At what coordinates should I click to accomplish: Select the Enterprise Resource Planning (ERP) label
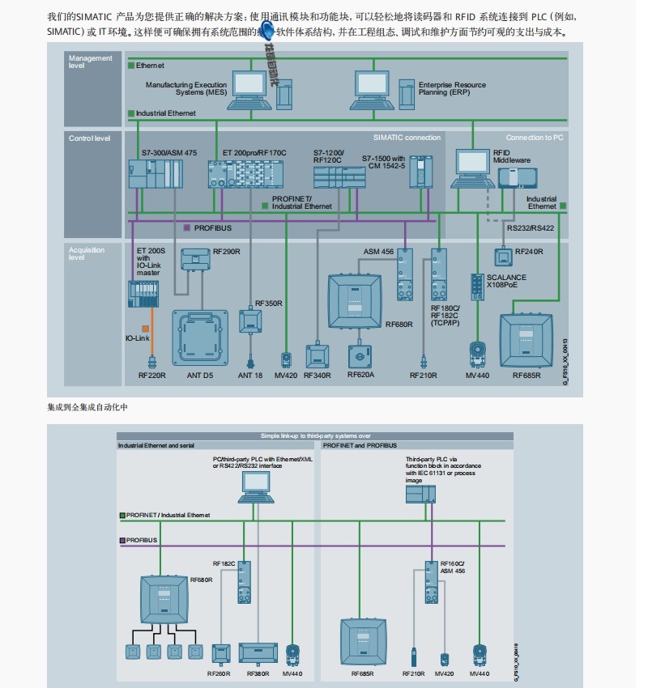tap(452, 88)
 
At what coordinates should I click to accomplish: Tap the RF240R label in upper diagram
tap(529, 253)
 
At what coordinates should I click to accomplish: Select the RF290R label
tap(226, 252)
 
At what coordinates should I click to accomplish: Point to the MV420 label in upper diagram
tap(286, 375)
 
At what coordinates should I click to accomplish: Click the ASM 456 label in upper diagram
tap(378, 252)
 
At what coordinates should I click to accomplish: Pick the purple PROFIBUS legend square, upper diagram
tap(188, 227)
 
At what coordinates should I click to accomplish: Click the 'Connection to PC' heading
tap(534, 138)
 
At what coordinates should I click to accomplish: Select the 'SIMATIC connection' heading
tap(407, 138)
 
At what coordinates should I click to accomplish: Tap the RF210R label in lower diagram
tap(415, 673)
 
